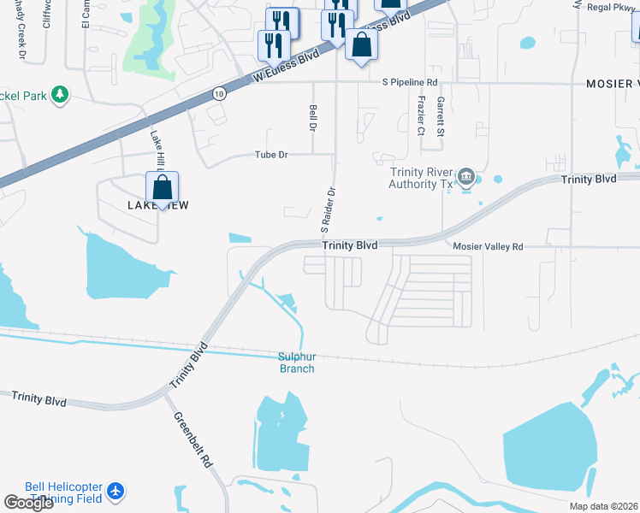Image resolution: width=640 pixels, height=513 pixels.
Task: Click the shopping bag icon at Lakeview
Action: click(162, 187)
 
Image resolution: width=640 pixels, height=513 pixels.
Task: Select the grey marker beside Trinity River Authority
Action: click(466, 177)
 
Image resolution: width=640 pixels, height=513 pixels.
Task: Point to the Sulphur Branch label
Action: click(297, 363)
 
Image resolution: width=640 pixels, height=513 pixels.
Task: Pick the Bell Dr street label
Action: click(313, 115)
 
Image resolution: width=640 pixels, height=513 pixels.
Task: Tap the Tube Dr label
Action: click(271, 155)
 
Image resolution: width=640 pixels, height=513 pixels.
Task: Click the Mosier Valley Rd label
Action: click(487, 245)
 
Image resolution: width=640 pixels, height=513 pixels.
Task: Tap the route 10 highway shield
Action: click(220, 94)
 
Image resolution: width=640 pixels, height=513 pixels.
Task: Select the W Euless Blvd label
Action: click(286, 65)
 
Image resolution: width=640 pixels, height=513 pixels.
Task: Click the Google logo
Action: click(28, 503)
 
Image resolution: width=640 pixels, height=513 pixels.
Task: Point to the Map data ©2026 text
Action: click(603, 506)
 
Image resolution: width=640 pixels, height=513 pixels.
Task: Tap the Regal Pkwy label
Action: click(611, 7)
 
